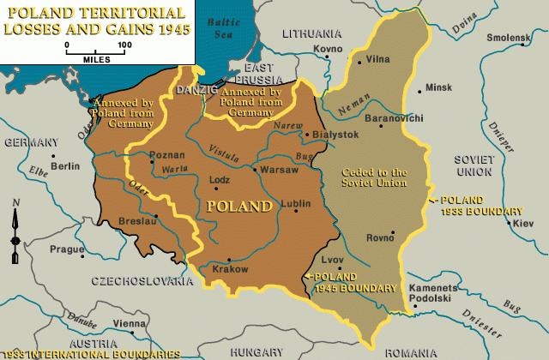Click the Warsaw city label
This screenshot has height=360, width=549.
(281, 170)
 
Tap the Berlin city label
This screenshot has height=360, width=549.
(65, 166)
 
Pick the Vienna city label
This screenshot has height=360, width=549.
(130, 323)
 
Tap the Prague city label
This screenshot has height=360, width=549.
(67, 249)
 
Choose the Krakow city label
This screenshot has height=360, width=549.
(230, 269)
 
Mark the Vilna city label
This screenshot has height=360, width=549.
(378, 58)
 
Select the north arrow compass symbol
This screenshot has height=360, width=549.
(15, 227)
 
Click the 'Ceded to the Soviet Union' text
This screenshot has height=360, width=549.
(374, 177)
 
